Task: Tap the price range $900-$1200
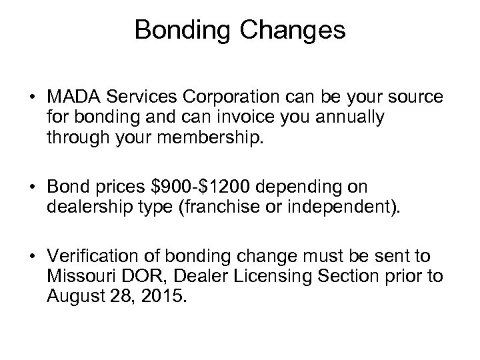click(207, 186)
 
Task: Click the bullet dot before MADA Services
click(33, 99)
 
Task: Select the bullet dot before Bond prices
click(33, 187)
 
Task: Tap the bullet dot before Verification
click(33, 256)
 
